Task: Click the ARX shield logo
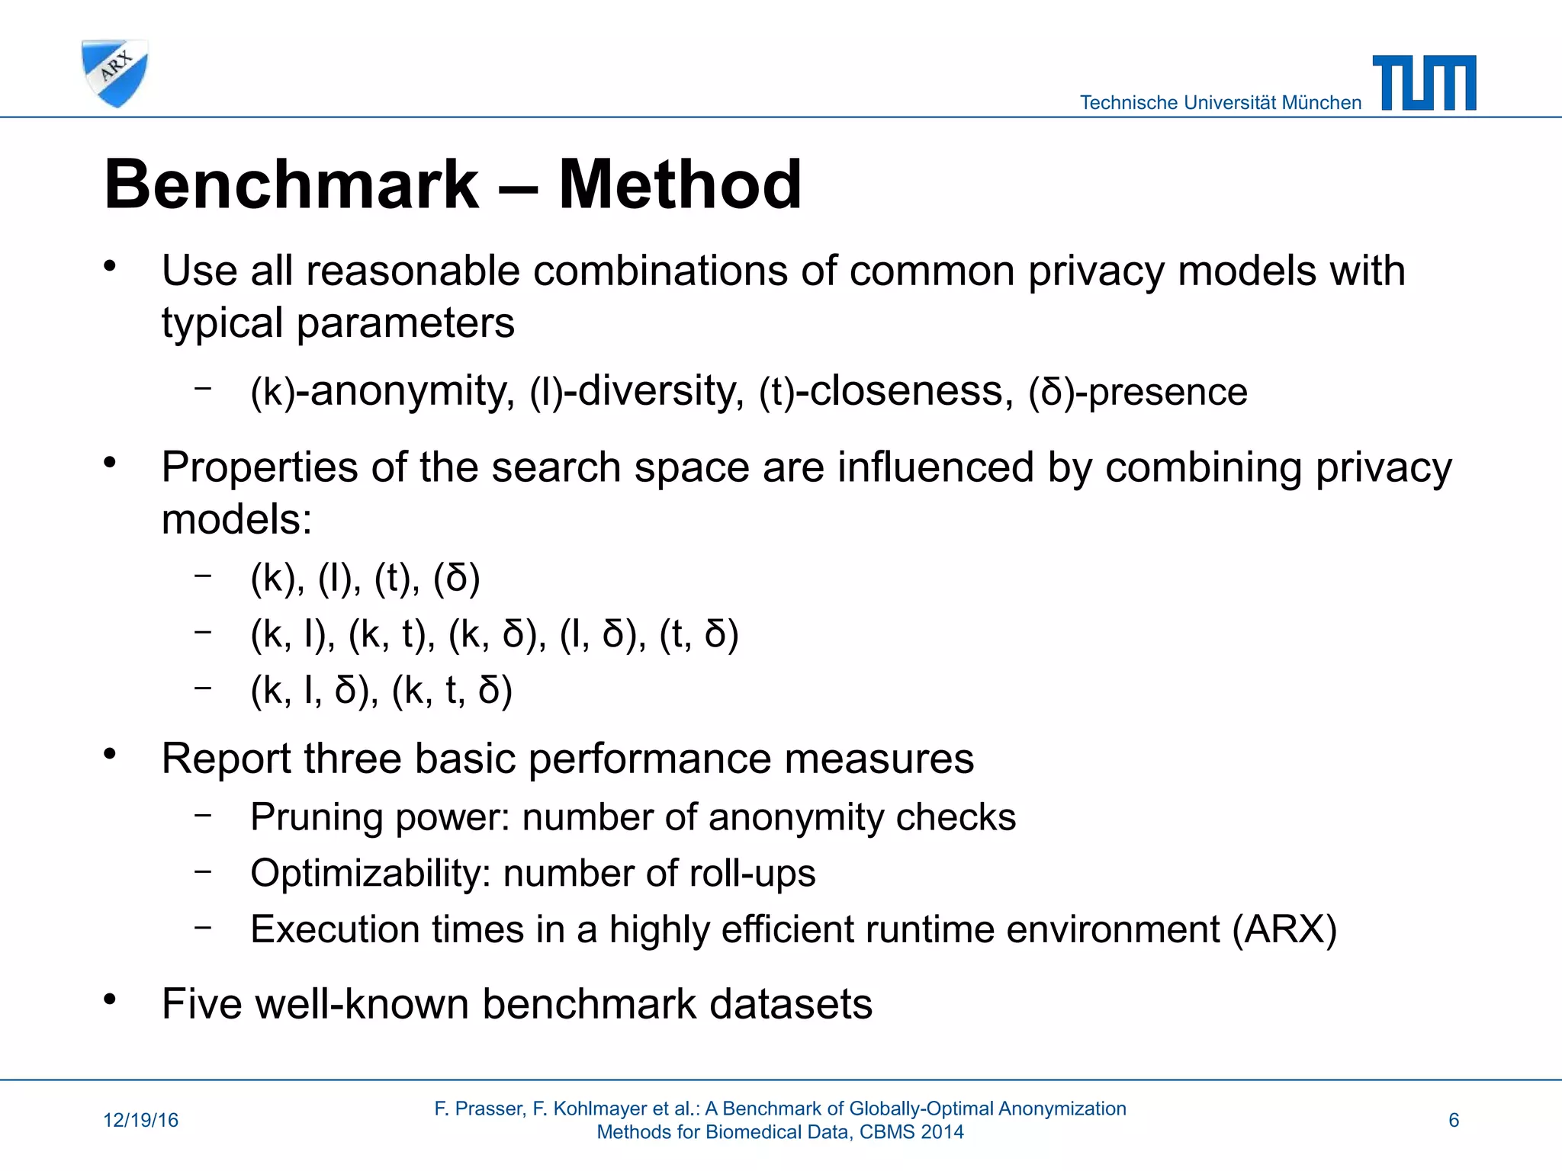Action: (114, 73)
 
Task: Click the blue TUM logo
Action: (1424, 83)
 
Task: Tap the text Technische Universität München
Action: (1220, 103)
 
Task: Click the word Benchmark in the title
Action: (291, 184)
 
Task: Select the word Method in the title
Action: (680, 184)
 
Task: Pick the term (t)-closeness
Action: (886, 392)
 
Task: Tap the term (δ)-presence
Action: (1137, 392)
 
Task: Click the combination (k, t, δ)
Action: (452, 691)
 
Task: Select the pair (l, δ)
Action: (603, 634)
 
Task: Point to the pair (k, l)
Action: (293, 634)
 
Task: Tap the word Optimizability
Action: (370, 874)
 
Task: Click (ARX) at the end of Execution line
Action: (1284, 929)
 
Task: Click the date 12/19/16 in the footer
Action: (140, 1120)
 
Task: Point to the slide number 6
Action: (1454, 1120)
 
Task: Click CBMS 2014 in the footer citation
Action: (911, 1132)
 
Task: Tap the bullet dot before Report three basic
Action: (111, 754)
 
